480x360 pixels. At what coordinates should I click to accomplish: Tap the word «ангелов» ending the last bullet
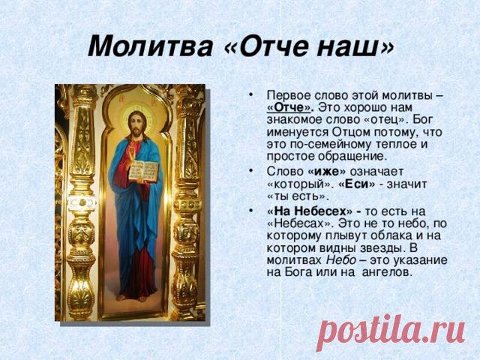pos(387,271)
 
